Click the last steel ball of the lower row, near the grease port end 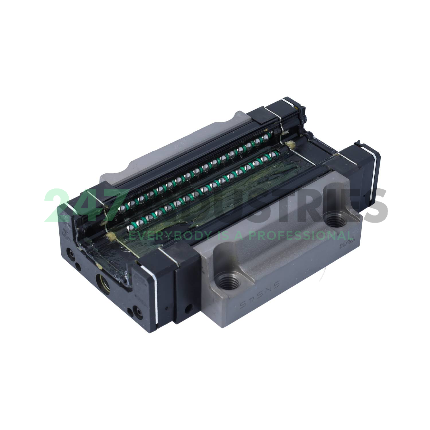(x=132, y=227)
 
